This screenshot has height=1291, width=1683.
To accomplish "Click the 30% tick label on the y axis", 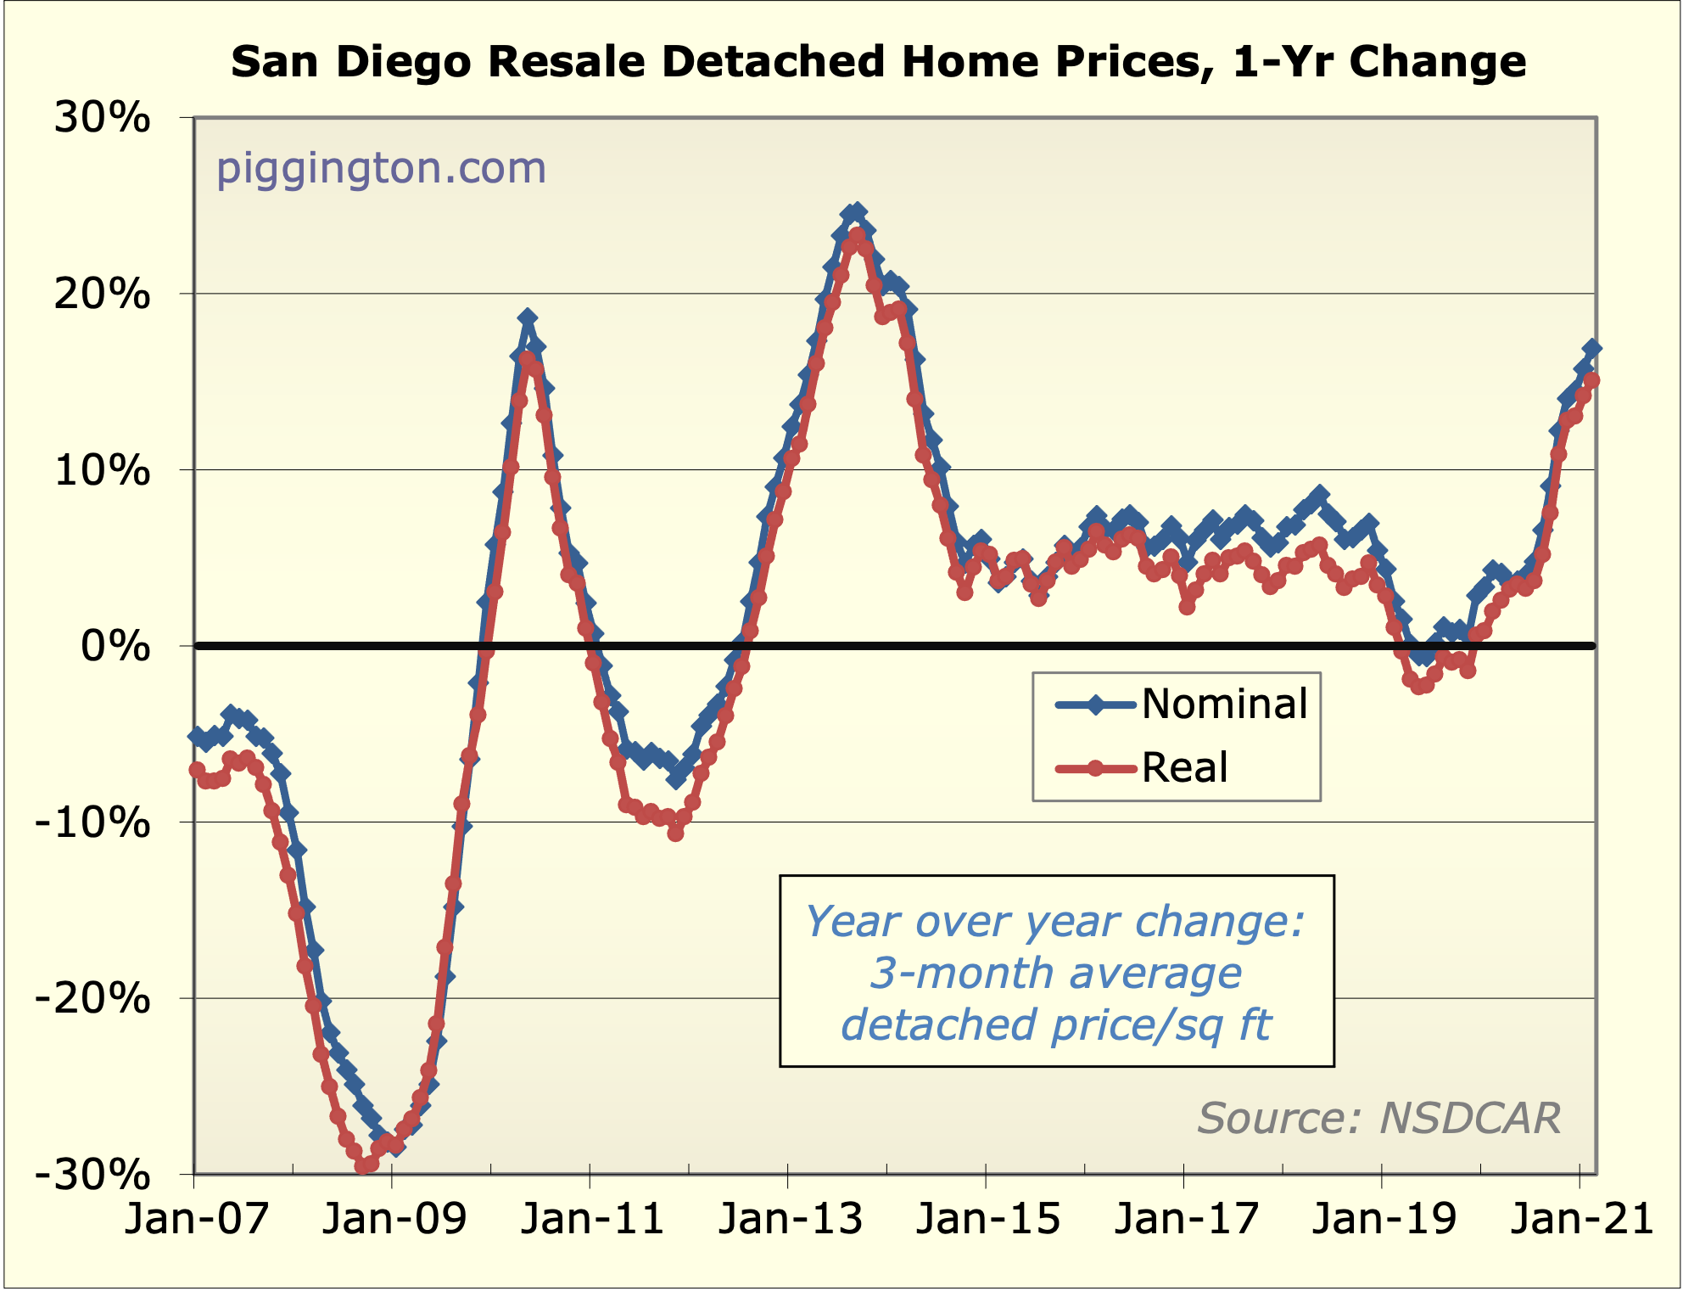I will pos(102,118).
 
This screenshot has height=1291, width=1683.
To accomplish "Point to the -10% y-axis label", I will pos(92,822).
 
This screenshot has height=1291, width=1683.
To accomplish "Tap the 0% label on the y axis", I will pos(115,647).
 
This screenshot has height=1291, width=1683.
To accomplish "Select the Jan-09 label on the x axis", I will pos(394,1219).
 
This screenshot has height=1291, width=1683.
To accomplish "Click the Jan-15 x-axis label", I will pos(988,1219).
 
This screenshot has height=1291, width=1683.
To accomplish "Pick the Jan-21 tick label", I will pos(1582,1219).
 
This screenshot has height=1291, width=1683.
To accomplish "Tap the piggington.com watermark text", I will pos(381,168).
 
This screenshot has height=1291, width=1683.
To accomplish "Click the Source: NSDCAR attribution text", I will pos(1379,1118).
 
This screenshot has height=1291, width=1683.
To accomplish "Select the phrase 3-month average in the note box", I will pos(1056,973).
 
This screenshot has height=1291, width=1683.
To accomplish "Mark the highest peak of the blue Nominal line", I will pos(858,211).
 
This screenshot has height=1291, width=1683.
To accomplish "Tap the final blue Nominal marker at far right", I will pos(1592,349).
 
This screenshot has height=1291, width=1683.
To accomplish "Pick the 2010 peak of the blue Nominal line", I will pos(528,318).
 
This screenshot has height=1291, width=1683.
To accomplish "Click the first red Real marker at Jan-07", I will pos(197,770).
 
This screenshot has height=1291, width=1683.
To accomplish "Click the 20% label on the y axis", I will pos(102,295).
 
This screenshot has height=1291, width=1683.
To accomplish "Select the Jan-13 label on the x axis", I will pos(791,1219).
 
